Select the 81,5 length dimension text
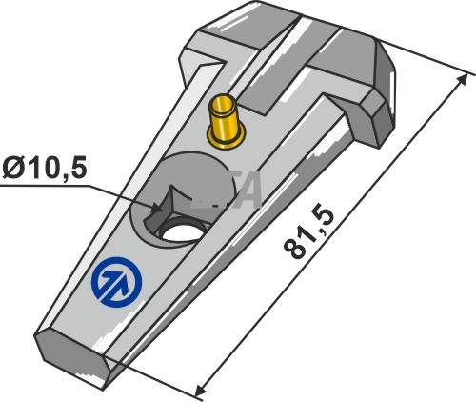click(x=307, y=233)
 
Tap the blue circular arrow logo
click(x=116, y=282)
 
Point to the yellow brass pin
click(x=226, y=122)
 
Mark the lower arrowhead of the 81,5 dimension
click(x=201, y=388)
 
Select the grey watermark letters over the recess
click(x=226, y=190)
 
